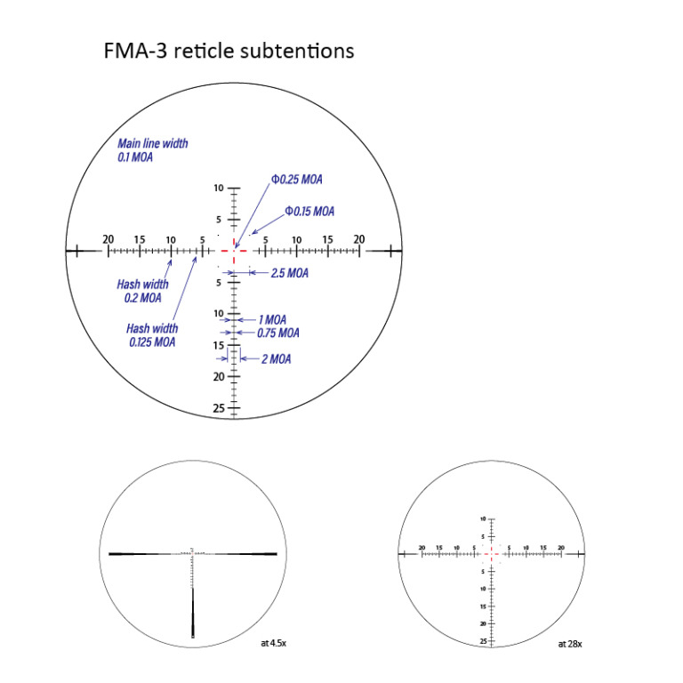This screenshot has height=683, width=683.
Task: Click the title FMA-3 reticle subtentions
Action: click(x=229, y=51)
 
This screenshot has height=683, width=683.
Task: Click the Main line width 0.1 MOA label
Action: click(x=153, y=149)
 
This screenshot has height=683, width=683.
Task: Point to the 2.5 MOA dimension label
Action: click(x=289, y=273)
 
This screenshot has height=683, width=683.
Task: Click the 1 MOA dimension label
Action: click(x=272, y=319)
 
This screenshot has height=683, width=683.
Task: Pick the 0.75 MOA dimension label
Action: click(x=277, y=333)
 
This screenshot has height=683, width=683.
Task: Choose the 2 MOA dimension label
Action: click(x=276, y=358)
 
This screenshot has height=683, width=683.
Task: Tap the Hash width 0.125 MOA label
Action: click(x=151, y=334)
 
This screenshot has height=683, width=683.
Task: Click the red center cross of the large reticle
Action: click(x=234, y=252)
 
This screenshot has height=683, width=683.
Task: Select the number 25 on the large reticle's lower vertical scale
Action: click(x=218, y=408)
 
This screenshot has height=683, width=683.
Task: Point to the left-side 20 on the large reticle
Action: click(x=108, y=239)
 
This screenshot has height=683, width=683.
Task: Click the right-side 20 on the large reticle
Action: click(x=359, y=239)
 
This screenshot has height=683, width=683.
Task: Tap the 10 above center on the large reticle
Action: click(x=219, y=189)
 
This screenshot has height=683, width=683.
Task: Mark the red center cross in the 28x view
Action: click(x=492, y=553)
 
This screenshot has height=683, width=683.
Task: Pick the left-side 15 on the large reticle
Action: click(x=139, y=239)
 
